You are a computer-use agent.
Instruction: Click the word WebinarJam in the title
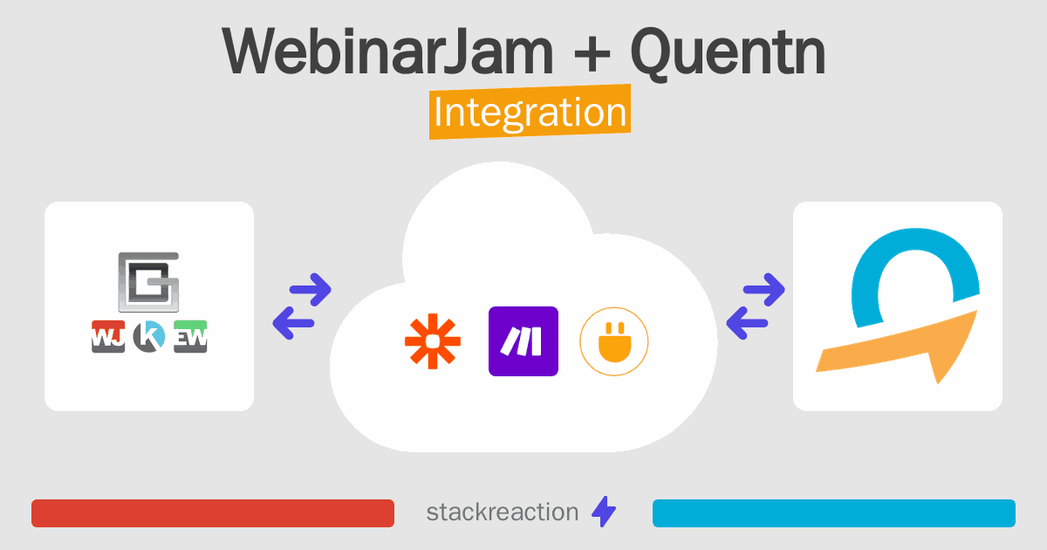tap(388, 52)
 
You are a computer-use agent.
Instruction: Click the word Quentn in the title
tap(729, 53)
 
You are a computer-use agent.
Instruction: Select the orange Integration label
tap(530, 112)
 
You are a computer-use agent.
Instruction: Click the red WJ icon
tap(108, 336)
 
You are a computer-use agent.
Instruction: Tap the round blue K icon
tap(149, 336)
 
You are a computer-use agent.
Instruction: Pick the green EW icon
tap(190, 336)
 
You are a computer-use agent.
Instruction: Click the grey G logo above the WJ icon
tap(148, 282)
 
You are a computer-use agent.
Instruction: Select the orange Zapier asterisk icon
tap(433, 341)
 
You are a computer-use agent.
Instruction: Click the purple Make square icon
tap(523, 341)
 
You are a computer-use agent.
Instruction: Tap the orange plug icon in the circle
tap(614, 341)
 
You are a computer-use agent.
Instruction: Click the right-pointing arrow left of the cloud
tap(311, 290)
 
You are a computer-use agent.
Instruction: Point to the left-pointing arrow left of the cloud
tap(293, 323)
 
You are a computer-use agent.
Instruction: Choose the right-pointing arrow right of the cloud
tap(763, 290)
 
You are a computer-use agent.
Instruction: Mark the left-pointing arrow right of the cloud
tap(747, 323)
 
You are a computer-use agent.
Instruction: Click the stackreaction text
tap(503, 512)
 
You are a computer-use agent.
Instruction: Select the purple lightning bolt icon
tap(604, 512)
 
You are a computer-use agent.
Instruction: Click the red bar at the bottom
tap(213, 513)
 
